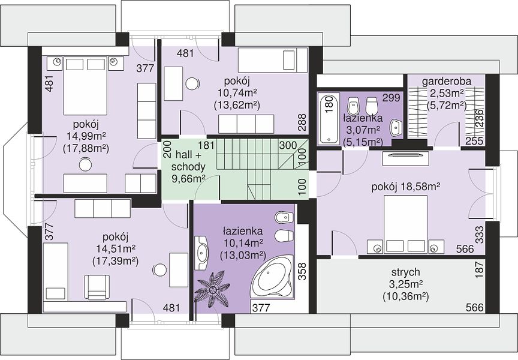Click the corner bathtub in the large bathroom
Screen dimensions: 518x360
click(271, 277)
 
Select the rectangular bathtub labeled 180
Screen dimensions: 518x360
click(329, 118)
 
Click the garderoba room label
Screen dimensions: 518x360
click(447, 82)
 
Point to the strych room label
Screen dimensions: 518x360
click(406, 272)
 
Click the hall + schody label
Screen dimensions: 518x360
click(188, 160)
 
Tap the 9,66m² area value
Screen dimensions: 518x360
click(188, 179)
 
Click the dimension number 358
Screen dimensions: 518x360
click(302, 272)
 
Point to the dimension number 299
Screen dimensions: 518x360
click(391, 98)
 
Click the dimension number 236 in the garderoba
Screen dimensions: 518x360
click(479, 118)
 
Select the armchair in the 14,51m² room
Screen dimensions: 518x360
click(97, 287)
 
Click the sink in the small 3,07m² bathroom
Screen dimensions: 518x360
click(396, 128)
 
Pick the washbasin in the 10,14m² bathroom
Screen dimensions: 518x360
click(201, 253)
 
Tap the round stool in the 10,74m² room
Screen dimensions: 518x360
click(192, 83)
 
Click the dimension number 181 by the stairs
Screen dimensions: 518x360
click(206, 145)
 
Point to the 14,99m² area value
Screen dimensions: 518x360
click(86, 136)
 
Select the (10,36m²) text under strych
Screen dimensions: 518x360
click(406, 296)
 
